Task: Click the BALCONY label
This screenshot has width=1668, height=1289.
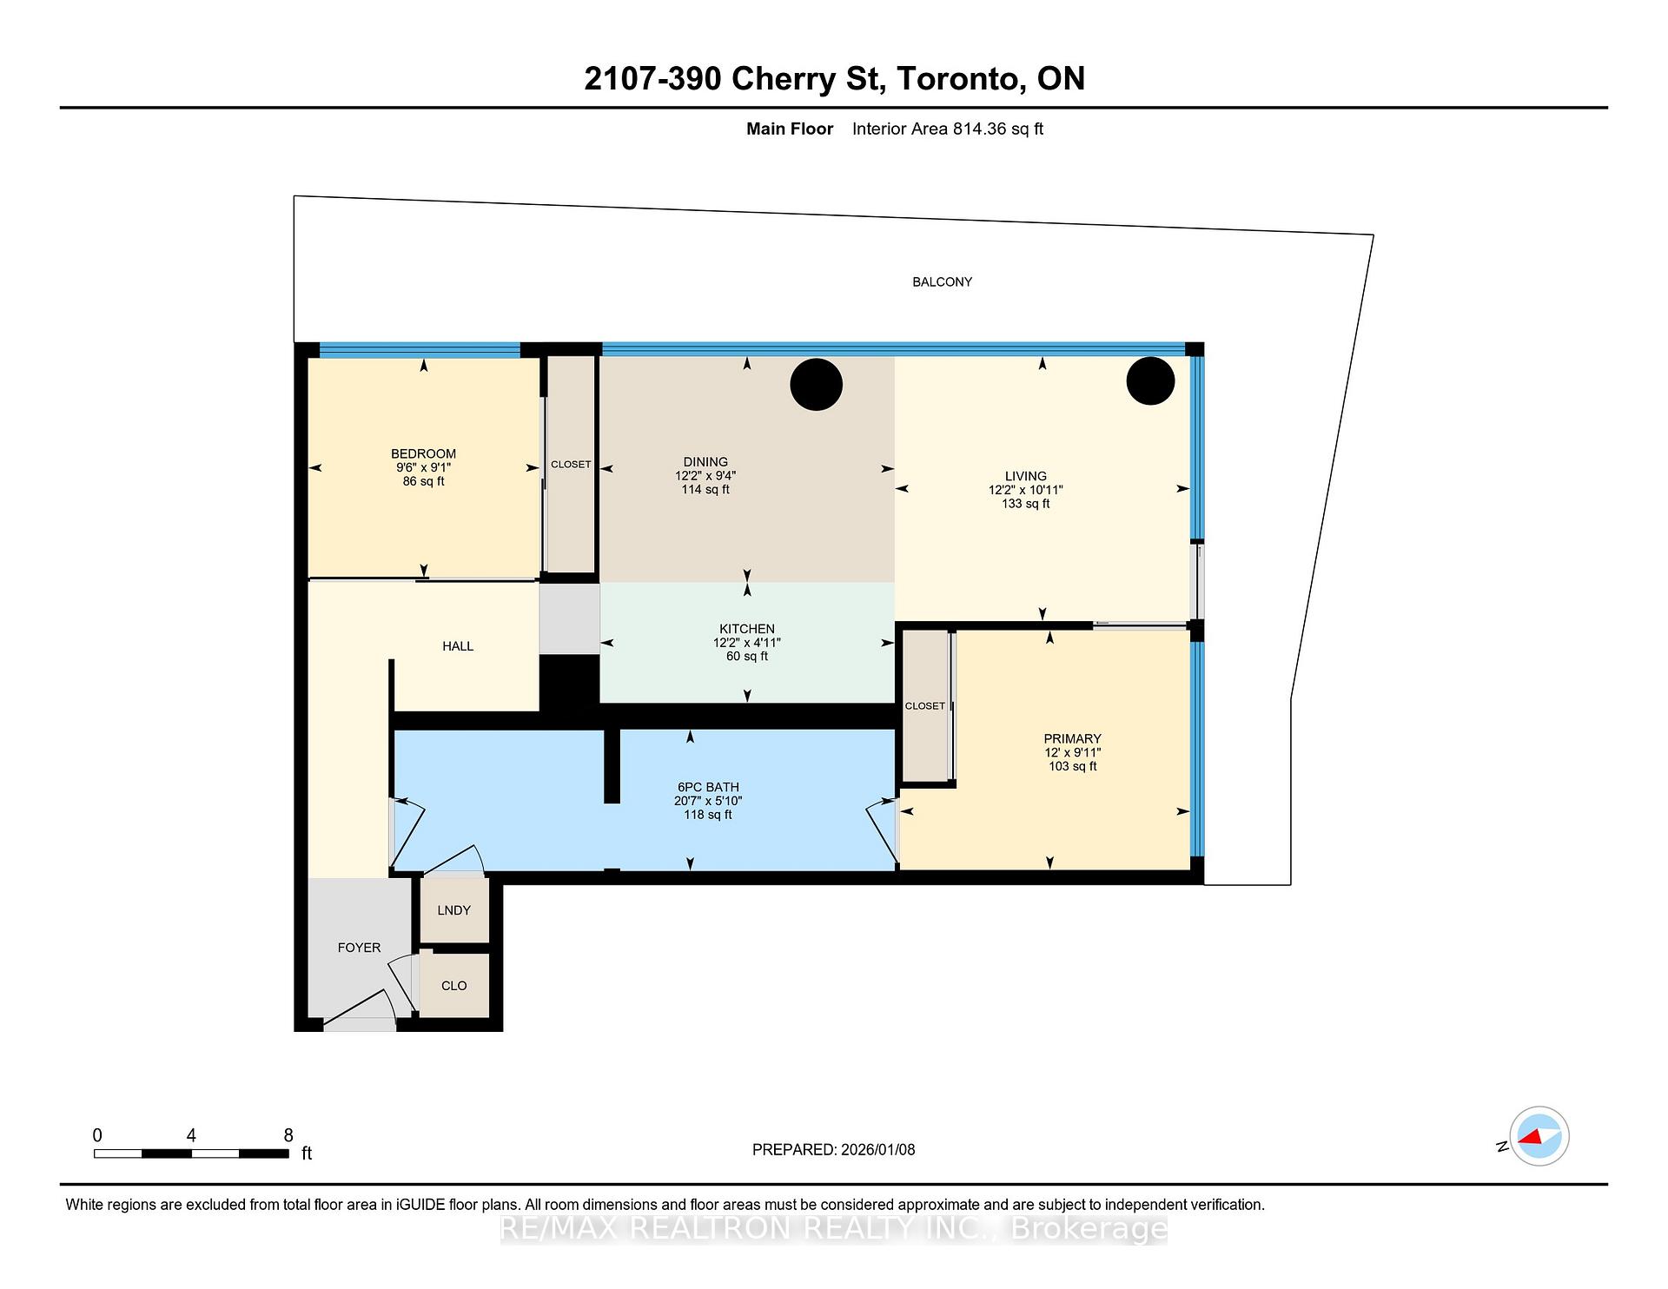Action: (942, 282)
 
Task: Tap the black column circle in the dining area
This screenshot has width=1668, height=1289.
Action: (816, 385)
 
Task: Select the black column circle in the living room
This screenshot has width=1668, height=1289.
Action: (1150, 380)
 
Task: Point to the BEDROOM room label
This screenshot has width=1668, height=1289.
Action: (423, 453)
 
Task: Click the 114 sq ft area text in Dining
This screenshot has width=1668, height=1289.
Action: (705, 490)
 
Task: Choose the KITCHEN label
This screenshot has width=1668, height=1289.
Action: (746, 629)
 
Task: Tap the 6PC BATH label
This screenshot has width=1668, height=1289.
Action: (708, 787)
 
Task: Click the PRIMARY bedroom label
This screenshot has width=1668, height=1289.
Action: (1072, 738)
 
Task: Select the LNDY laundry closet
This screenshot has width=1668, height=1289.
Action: (453, 910)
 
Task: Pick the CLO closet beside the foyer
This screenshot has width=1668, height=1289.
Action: (453, 986)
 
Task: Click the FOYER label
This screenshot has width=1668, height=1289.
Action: (359, 948)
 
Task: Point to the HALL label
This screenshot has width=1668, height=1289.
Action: (458, 646)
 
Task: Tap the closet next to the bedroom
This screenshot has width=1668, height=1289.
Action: (571, 465)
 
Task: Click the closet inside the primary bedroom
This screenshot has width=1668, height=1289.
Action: (924, 706)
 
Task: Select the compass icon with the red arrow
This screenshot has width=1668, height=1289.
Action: (1539, 1136)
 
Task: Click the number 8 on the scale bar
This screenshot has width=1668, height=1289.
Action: (288, 1135)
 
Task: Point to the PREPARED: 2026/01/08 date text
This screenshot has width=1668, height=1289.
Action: (833, 1150)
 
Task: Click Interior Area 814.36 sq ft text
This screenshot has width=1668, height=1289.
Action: (947, 129)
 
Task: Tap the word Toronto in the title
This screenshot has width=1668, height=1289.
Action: (957, 79)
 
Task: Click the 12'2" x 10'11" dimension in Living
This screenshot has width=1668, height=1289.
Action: (1025, 490)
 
